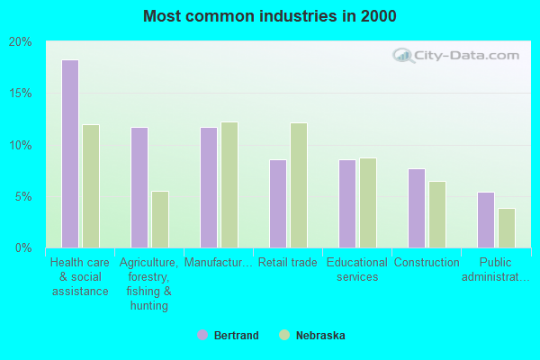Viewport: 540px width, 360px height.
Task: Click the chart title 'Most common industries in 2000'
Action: coord(269,16)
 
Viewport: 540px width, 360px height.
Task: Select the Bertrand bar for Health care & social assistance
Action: coord(69,154)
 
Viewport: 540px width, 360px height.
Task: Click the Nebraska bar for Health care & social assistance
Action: coord(91,186)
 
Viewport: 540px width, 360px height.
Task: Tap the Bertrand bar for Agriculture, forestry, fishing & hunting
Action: coord(139,187)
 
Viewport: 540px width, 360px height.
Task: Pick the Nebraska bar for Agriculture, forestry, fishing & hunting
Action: coord(160,219)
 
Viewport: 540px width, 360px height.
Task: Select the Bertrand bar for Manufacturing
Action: coord(208,187)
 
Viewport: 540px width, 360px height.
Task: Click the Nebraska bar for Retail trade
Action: coord(299,185)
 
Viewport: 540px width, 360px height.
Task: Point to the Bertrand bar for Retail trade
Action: coord(277,203)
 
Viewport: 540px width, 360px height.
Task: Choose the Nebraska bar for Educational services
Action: coord(368,202)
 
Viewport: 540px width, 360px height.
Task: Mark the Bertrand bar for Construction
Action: coord(416,208)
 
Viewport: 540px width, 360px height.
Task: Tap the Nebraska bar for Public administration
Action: coord(507,228)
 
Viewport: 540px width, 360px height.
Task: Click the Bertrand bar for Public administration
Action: coord(485,220)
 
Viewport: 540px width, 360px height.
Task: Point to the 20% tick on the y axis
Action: coord(21,42)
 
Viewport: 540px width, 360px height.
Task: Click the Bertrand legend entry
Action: coord(228,336)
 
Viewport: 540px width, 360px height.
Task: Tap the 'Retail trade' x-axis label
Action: coord(288,263)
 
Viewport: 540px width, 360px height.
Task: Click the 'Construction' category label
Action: coord(427,263)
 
